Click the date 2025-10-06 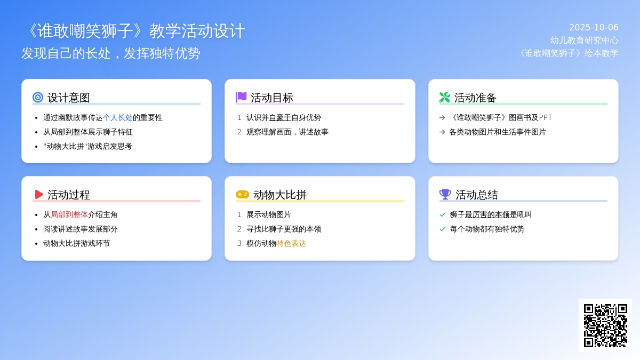(594, 27)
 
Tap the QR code (605, 325)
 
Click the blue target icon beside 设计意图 (38, 98)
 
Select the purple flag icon (241, 97)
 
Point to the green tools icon (445, 98)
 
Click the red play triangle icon (39, 195)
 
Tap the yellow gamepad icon (242, 195)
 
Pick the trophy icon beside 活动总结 (445, 195)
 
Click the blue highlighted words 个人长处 (118, 117)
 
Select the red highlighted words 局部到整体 (69, 214)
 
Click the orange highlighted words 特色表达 (291, 243)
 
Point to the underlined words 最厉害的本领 (487, 214)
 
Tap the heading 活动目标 (271, 98)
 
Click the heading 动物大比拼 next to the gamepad (279, 195)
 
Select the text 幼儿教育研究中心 (585, 41)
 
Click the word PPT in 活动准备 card (546, 117)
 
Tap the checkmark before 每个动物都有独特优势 (442, 229)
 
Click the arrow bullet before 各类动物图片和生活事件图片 (442, 132)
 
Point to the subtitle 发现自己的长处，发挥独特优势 (111, 53)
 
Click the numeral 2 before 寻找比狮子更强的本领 (239, 229)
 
